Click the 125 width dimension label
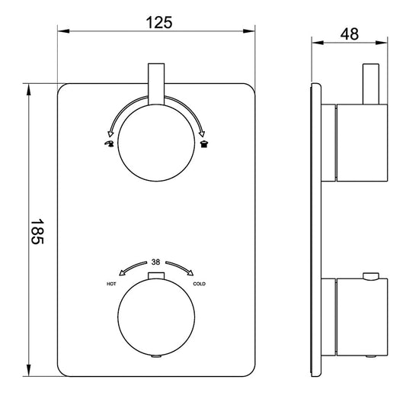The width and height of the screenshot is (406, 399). (158, 22)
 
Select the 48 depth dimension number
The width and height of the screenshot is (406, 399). (350, 34)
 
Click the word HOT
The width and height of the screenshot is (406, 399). (111, 283)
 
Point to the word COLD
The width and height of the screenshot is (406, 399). (200, 284)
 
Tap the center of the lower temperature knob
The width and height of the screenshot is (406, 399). (156, 314)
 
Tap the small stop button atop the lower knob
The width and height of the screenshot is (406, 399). (156, 274)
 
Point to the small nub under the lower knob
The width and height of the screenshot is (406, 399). (156, 355)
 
